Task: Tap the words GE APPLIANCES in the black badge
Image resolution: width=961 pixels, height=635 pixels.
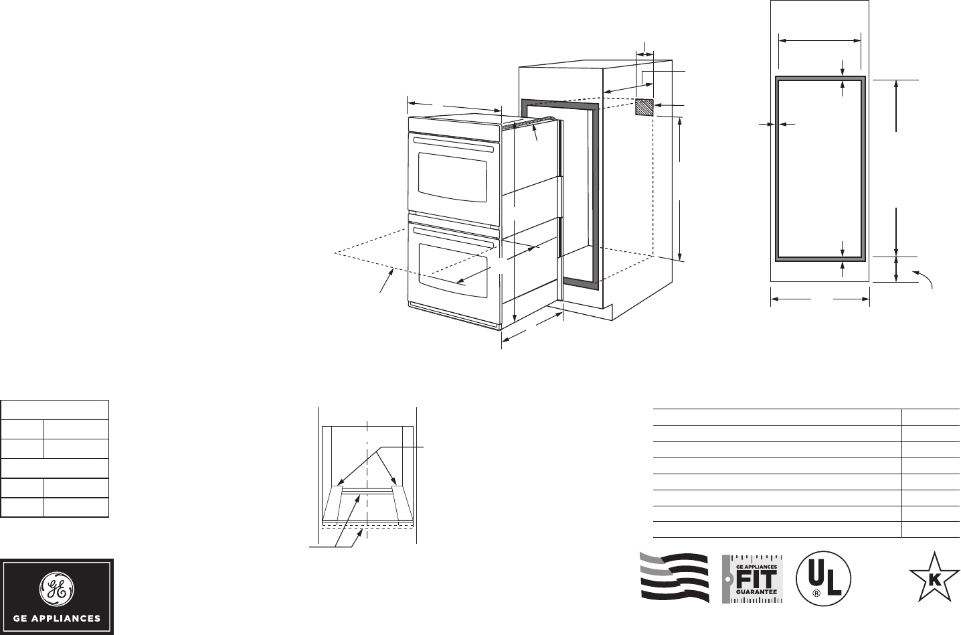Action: (56, 618)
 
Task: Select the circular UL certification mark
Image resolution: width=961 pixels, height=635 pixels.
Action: (823, 577)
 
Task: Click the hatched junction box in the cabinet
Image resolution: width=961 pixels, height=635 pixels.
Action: (644, 108)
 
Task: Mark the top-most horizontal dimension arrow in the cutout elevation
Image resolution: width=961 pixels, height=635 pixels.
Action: (820, 41)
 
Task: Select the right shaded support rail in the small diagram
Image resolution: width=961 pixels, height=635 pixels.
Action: (403, 503)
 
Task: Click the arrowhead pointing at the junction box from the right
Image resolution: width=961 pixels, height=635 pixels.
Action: (660, 105)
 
